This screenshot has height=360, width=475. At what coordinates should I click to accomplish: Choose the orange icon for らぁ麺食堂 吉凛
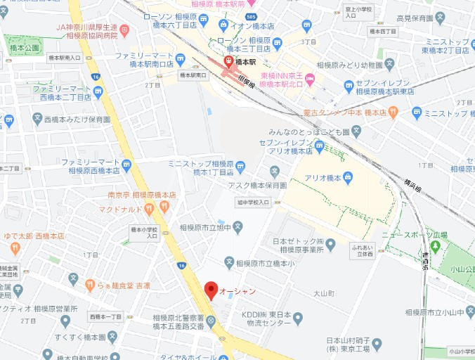pos(90,285)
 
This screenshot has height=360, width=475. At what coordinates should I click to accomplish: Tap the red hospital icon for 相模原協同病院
pos(124,30)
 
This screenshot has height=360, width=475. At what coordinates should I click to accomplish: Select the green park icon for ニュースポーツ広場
pos(435,246)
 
